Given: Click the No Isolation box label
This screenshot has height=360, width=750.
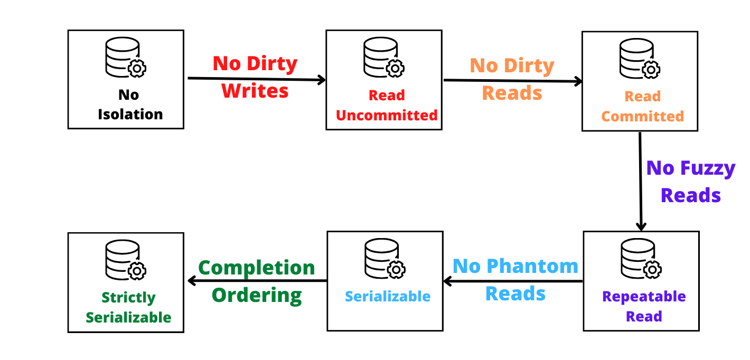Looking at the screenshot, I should click(129, 105).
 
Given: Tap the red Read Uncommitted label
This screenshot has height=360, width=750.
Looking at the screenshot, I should click(387, 106).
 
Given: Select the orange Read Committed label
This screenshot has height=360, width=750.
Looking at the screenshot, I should click(642, 107).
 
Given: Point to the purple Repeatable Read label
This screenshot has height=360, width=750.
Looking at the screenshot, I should click(644, 306).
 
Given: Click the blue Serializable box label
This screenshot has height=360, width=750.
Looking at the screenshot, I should click(388, 297).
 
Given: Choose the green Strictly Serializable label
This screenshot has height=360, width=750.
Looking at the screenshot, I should click(128, 307).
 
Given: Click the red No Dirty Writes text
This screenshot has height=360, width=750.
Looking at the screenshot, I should click(255, 77).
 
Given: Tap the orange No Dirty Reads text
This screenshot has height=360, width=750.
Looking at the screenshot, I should click(512, 79).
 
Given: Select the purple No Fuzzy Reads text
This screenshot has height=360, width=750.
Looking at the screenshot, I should click(691, 182).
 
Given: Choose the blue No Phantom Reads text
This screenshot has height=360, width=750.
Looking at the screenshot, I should click(515, 279).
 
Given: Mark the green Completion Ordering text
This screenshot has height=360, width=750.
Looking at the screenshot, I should click(257, 281).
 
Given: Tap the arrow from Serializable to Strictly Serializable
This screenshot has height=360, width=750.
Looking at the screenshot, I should click(257, 281).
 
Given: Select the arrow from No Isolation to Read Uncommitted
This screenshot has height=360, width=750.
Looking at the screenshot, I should click(257, 79).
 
